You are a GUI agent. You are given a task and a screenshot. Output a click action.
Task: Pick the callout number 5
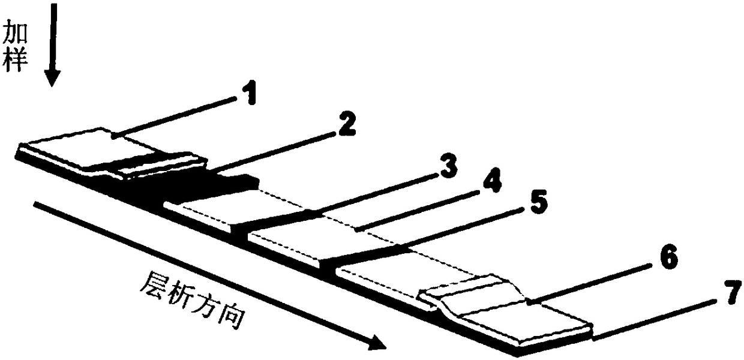point(537,202)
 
